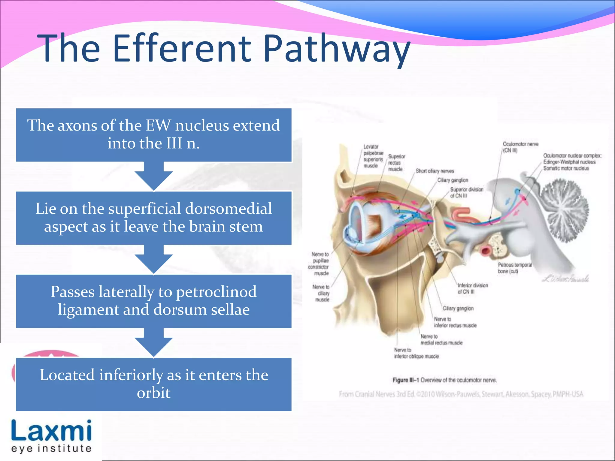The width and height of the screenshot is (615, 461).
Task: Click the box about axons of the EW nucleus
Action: coord(153,134)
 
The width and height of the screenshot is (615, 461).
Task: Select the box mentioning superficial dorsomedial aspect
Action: coord(153,218)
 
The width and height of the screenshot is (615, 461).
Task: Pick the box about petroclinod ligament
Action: coord(153,301)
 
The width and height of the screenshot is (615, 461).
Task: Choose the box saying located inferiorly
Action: coord(153,384)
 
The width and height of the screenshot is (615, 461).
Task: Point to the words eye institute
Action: coord(51,449)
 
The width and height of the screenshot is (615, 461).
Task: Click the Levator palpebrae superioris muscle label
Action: coord(373,156)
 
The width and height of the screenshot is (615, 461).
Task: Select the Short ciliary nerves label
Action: coord(435,171)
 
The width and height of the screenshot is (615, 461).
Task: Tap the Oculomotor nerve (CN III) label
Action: coord(520,147)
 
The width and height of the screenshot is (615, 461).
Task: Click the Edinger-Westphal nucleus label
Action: coord(569,162)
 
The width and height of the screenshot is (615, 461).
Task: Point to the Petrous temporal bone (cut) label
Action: coord(514,268)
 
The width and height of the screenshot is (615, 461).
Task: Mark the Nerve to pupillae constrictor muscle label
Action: coord(320,264)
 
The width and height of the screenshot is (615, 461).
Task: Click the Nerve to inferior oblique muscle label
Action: coord(416,353)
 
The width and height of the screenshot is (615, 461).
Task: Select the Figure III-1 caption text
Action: coord(444,380)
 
